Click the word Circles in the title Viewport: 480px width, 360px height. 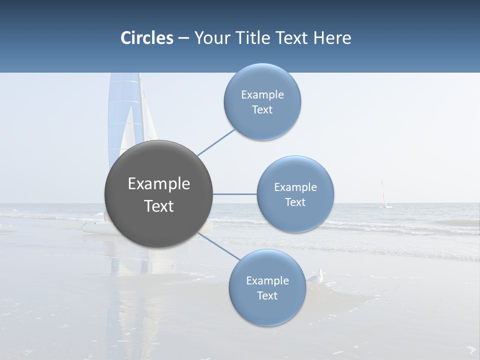click(x=147, y=38)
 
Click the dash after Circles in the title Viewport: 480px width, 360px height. click(x=183, y=38)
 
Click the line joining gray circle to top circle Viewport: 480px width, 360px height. click(x=216, y=142)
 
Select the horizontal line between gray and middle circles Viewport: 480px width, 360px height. click(x=235, y=194)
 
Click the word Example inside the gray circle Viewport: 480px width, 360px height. click(x=159, y=184)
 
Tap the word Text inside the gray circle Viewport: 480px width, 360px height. click(x=159, y=206)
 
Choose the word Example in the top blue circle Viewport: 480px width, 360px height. click(x=262, y=95)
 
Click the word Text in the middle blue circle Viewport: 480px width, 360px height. click(x=295, y=202)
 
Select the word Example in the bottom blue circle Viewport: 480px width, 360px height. click(x=267, y=281)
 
